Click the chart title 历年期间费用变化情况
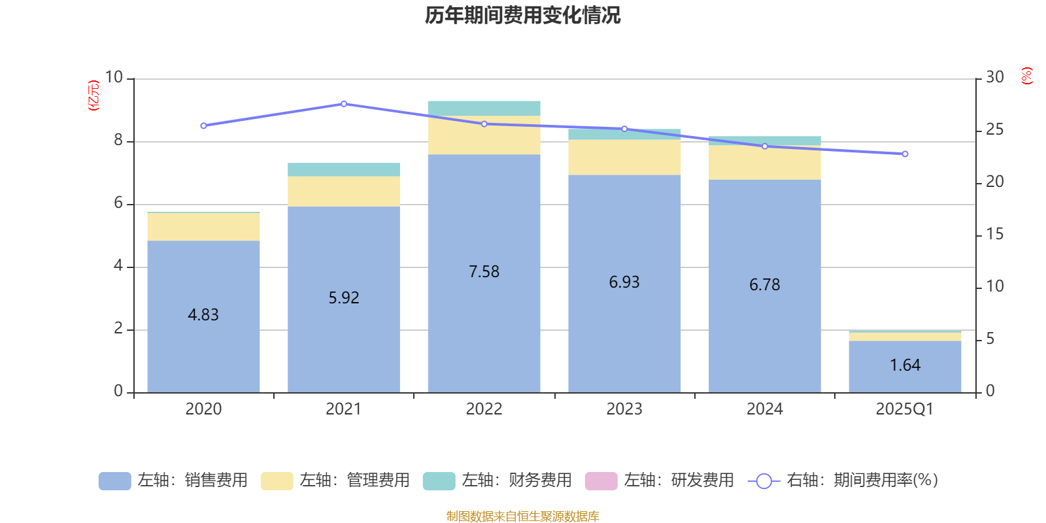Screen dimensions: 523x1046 [x=522, y=15]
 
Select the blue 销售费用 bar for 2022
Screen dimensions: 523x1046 [x=484, y=314]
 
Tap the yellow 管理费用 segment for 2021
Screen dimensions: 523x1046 [x=344, y=192]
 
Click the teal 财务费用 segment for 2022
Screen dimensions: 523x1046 [x=484, y=108]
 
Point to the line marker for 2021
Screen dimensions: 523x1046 [x=344, y=104]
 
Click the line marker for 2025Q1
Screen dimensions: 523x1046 [x=905, y=154]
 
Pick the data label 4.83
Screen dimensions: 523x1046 [x=203, y=315]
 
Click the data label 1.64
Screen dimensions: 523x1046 [x=905, y=365]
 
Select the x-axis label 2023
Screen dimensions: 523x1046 [x=624, y=409]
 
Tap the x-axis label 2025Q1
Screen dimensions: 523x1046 [x=905, y=409]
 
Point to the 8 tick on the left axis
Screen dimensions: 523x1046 [x=118, y=141]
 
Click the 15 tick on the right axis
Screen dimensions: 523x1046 [x=994, y=234]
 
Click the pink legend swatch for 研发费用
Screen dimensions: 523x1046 [x=601, y=481]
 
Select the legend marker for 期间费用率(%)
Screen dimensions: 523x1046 [x=764, y=481]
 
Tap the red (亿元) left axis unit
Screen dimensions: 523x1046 [x=94, y=95]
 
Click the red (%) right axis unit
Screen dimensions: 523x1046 [x=1027, y=76]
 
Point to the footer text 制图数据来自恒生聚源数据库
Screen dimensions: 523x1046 [x=522, y=516]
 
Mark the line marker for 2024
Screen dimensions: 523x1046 [x=765, y=146]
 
